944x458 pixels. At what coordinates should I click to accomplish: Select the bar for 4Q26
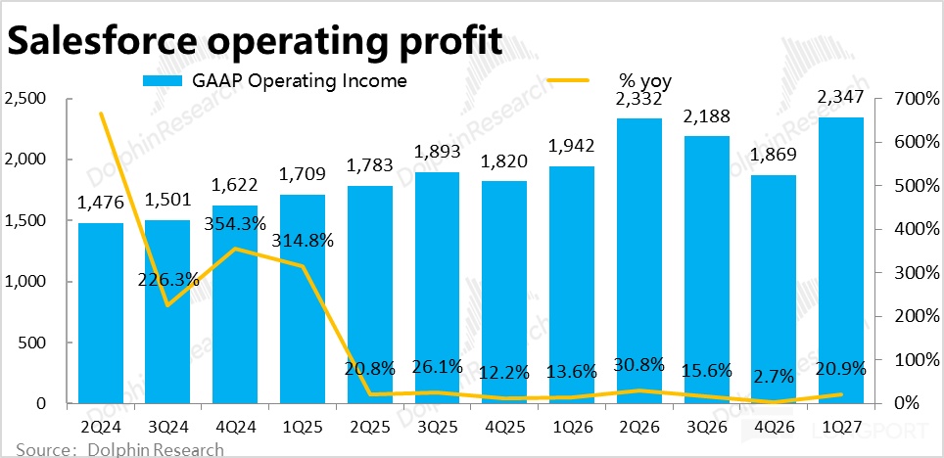773,290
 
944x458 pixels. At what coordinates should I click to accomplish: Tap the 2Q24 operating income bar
101,313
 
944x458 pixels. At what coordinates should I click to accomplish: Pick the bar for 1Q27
840,260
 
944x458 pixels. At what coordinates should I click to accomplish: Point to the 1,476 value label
101,203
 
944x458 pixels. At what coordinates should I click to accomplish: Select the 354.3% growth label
235,224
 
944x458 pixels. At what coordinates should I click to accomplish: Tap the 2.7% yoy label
773,378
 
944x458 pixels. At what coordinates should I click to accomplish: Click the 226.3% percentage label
168,279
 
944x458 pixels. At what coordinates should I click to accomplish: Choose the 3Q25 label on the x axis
437,428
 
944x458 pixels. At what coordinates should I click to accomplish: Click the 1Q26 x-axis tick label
571,428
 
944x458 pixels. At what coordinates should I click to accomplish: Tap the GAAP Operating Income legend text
299,80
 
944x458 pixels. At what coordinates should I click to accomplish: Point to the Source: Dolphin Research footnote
119,449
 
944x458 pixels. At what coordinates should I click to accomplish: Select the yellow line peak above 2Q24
101,114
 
